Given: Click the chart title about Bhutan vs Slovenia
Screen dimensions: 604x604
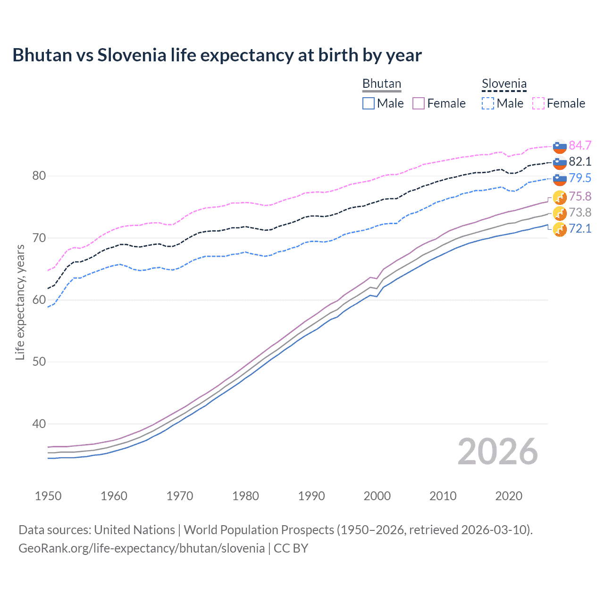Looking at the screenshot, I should pyautogui.click(x=217, y=55).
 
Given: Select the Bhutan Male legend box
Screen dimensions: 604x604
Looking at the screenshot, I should pyautogui.click(x=369, y=103).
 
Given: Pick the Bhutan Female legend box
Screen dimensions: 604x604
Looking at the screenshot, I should pyautogui.click(x=419, y=103).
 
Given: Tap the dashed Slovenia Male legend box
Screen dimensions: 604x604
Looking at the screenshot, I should pyautogui.click(x=488, y=103).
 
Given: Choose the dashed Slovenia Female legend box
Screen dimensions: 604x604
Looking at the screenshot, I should pyautogui.click(x=538, y=103).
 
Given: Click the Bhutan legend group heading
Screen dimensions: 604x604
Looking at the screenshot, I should pyautogui.click(x=381, y=84).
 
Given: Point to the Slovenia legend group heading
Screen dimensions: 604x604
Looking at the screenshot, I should pyautogui.click(x=504, y=84).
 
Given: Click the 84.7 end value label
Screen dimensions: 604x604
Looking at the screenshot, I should pyautogui.click(x=580, y=145).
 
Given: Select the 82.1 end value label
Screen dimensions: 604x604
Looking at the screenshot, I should pyautogui.click(x=580, y=161).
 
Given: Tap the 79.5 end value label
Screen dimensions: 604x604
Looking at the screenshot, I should pyautogui.click(x=580, y=178).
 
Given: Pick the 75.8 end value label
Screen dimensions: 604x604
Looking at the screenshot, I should pyautogui.click(x=580, y=196).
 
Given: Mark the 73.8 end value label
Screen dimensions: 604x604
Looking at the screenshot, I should pyautogui.click(x=580, y=212).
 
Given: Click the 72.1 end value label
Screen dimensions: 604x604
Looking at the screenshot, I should pyautogui.click(x=580, y=229).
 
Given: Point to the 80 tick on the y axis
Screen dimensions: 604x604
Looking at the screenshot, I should pyautogui.click(x=39, y=176).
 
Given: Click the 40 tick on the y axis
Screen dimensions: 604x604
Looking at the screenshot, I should pyautogui.click(x=39, y=424).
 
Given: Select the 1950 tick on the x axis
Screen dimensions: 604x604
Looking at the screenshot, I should pyautogui.click(x=48, y=496).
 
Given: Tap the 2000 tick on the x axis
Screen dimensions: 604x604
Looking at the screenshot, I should pyautogui.click(x=377, y=496).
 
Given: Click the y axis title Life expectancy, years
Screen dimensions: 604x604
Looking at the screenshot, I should pyautogui.click(x=20, y=302).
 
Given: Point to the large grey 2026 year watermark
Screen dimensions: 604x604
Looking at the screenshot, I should pyautogui.click(x=497, y=452).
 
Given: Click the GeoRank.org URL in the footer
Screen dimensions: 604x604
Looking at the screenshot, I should pyautogui.click(x=142, y=548).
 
